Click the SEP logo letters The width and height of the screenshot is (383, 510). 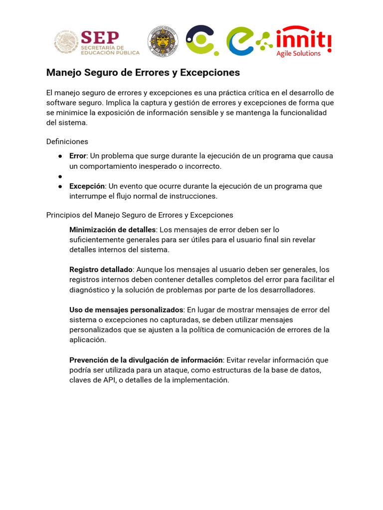pos(100,37)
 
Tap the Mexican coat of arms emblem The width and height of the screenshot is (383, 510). pos(65,42)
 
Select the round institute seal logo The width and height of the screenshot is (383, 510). pos(163,42)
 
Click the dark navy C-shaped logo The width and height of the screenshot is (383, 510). pos(200,40)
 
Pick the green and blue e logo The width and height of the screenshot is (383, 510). pos(247,41)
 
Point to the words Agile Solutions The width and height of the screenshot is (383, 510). pos(299,53)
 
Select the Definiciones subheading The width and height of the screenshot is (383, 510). pos(67,141)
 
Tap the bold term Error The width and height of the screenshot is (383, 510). pos(78,156)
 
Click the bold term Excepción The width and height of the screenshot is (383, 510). pos(87,186)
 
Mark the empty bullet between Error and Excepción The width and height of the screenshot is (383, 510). pos(60,176)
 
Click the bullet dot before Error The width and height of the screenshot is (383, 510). pos(60,156)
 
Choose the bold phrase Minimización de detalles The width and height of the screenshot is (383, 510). pos(113,230)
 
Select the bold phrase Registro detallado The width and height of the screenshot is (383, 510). pos(101,270)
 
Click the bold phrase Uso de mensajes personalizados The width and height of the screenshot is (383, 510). pos(127,310)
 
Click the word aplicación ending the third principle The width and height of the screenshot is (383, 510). pos(88,340)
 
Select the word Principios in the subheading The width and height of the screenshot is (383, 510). pos(62,215)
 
